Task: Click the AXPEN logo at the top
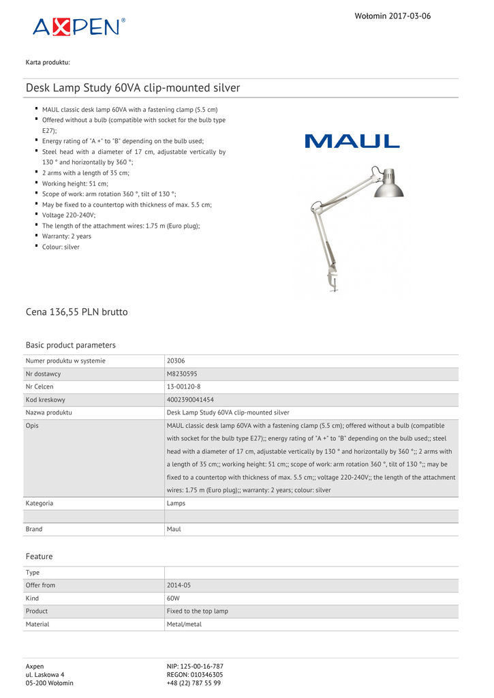(79, 27)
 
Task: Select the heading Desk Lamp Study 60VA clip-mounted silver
(133, 88)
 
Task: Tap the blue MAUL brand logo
(352, 141)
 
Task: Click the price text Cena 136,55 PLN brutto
(76, 312)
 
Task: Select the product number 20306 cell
(176, 361)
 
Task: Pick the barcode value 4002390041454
(190, 399)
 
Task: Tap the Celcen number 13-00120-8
(183, 386)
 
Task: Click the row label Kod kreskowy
(46, 399)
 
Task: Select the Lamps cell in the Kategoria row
(176, 503)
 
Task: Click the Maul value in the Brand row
(174, 529)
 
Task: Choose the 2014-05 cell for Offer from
(179, 586)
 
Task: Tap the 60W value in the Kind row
(173, 598)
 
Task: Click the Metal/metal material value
(184, 624)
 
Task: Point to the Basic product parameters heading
(71, 345)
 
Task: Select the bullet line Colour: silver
(61, 247)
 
